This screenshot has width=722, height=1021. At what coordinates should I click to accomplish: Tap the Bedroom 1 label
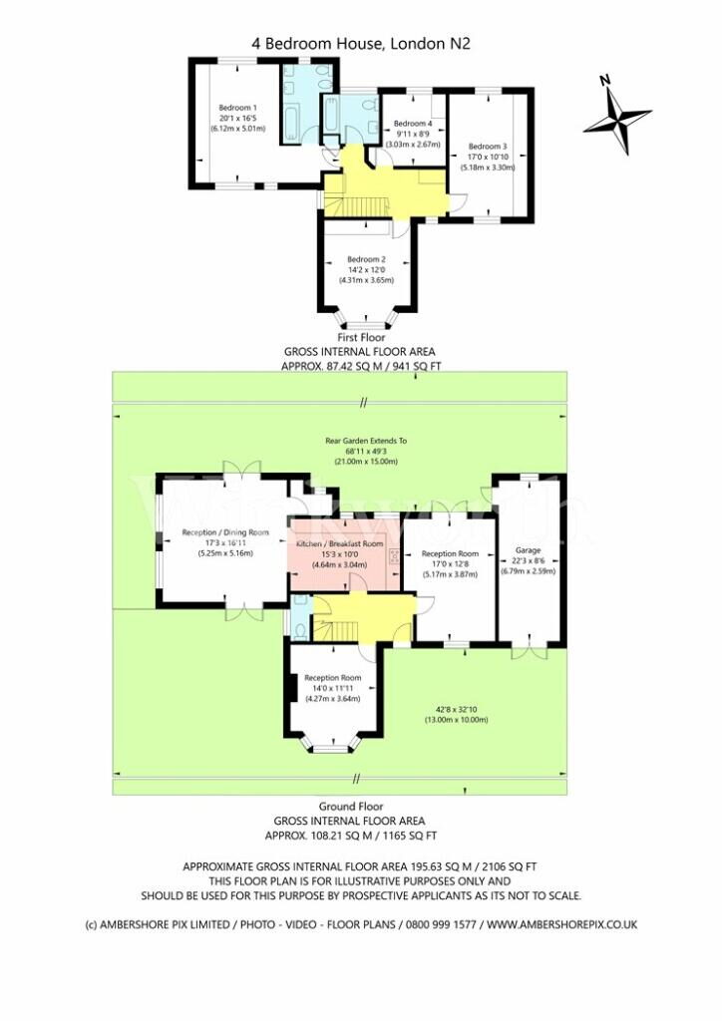[238, 108]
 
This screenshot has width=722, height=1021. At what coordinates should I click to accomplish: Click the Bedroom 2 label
[365, 260]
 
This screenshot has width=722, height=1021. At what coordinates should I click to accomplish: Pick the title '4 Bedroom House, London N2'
[360, 43]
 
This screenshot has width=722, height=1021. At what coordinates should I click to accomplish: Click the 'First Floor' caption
[361, 338]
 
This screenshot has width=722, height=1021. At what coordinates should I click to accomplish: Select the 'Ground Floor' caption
[350, 806]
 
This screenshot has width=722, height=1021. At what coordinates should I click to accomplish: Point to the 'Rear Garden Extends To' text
[366, 440]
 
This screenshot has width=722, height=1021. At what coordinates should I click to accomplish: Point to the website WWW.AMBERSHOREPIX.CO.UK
[562, 924]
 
